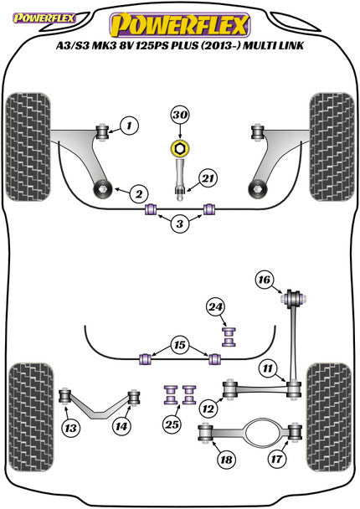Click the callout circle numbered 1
130,127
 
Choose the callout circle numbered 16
265,279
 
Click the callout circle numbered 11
266,368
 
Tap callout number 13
73,428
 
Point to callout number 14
122,426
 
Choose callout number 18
225,460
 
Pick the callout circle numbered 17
277,460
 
